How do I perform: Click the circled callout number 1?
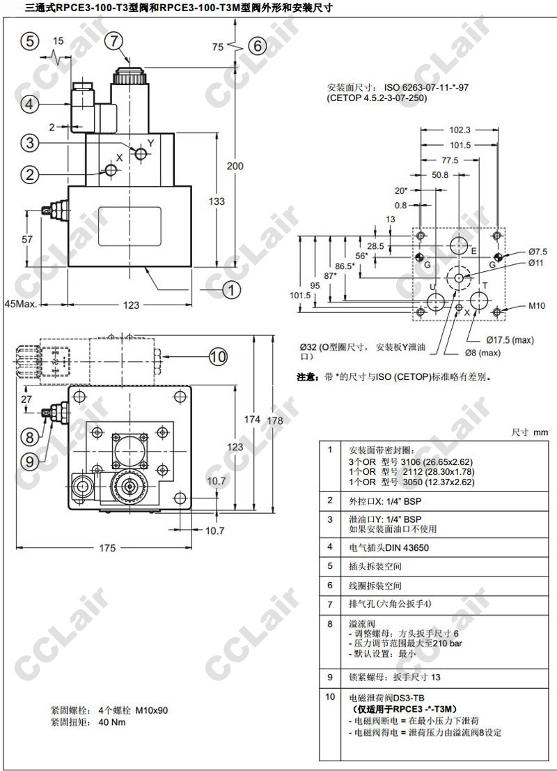[x=231, y=289]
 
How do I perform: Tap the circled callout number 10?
[x=218, y=356]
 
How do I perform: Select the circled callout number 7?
[x=114, y=40]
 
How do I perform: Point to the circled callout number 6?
[x=258, y=46]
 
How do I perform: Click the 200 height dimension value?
[x=235, y=166]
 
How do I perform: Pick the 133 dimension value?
[x=217, y=201]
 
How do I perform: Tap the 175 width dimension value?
[x=107, y=547]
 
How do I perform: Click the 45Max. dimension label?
[x=21, y=305]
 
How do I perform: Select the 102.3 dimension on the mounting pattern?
[x=460, y=130]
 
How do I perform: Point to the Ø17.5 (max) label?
[x=510, y=339]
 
